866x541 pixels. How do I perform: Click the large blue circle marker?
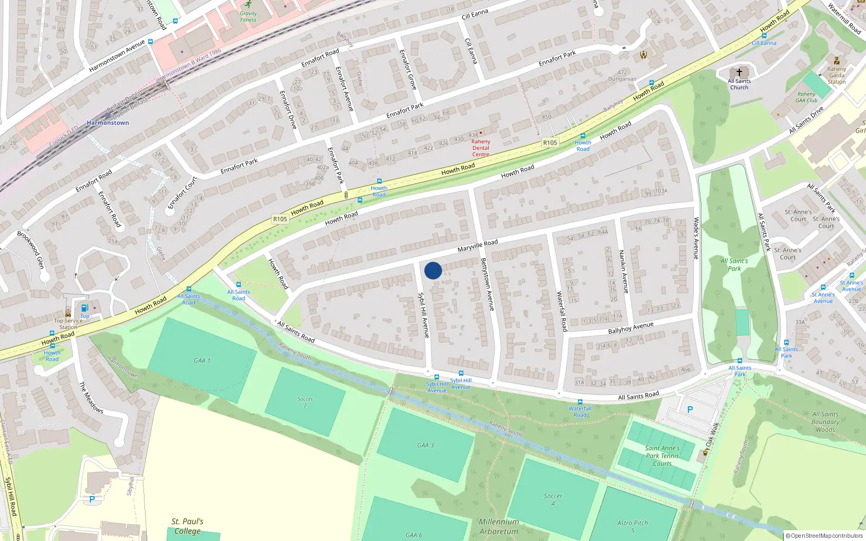pyautogui.click(x=433, y=270)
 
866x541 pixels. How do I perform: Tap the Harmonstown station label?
pyautogui.click(x=108, y=123)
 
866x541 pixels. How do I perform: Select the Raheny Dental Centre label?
pyautogui.click(x=481, y=148)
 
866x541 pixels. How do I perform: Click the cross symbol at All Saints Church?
pyautogui.click(x=739, y=72)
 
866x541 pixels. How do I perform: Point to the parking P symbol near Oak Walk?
pyautogui.click(x=690, y=410)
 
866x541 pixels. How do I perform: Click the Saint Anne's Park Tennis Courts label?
pyautogui.click(x=662, y=456)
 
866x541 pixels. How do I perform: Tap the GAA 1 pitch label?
pyautogui.click(x=202, y=360)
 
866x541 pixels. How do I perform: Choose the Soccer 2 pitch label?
pyautogui.click(x=305, y=402)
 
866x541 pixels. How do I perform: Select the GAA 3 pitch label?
pyautogui.click(x=425, y=445)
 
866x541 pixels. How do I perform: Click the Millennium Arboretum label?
pyautogui.click(x=498, y=526)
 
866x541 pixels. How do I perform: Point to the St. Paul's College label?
pyautogui.click(x=187, y=526)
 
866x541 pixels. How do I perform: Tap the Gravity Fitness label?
pyautogui.click(x=248, y=17)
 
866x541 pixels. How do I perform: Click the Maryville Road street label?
pyautogui.click(x=477, y=246)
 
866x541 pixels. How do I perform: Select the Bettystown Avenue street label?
pyautogui.click(x=487, y=284)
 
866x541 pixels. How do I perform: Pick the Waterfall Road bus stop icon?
pyautogui.click(x=580, y=403)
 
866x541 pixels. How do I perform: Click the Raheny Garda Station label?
pyautogui.click(x=836, y=75)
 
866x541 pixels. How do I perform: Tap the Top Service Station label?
pyautogui.click(x=68, y=324)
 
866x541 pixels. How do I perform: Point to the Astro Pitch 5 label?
pyautogui.click(x=632, y=526)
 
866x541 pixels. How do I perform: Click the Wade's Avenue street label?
pyautogui.click(x=697, y=238)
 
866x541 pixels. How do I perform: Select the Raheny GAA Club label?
pyautogui.click(x=806, y=97)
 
